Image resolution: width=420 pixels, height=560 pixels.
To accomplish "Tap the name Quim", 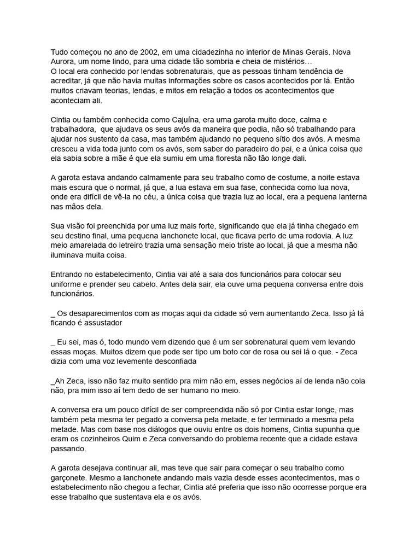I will [128, 439].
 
